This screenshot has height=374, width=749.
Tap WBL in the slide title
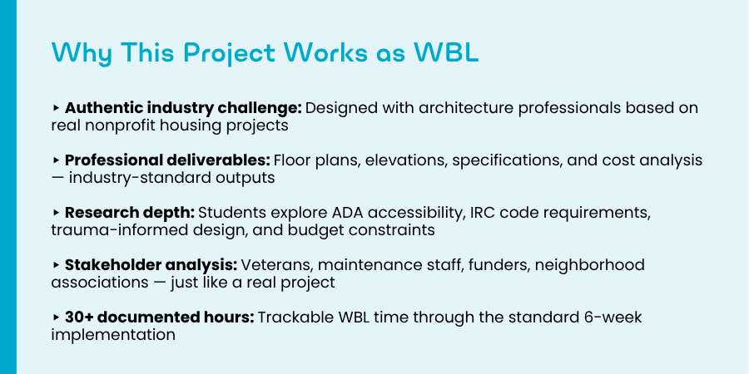(446, 52)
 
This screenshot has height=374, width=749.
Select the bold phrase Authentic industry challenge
(183, 109)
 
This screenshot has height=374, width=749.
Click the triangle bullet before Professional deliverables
(56, 160)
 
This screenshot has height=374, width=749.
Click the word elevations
(406, 160)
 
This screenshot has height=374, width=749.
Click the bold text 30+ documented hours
(160, 317)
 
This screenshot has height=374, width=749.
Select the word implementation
(113, 334)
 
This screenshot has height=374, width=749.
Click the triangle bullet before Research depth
(56, 212)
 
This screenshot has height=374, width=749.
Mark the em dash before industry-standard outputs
(57, 178)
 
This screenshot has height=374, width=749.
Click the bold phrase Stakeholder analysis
(151, 265)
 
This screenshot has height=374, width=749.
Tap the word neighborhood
(590, 265)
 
